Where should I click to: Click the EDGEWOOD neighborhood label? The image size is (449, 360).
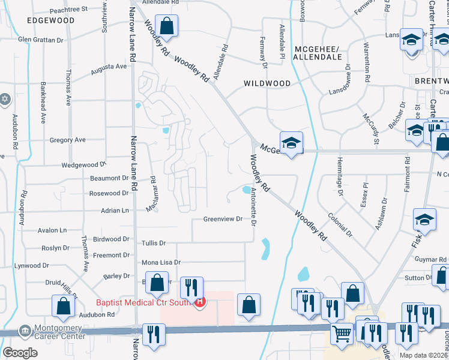coord(50,20)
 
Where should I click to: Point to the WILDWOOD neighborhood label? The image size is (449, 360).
coord(267,84)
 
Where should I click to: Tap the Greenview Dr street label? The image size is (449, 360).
coord(222,219)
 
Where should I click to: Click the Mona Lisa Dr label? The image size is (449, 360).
coord(160,263)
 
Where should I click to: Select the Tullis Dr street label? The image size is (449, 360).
coord(153,243)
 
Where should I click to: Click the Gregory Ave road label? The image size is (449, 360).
coord(68,140)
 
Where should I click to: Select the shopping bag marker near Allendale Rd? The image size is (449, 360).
coord(167,26)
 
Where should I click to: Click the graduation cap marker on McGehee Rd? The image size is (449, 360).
coord(292,143)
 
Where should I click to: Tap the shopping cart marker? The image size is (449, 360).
coord(342,333)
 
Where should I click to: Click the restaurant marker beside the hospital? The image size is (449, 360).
coord(191,287)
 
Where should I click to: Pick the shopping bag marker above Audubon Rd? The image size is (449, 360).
coord(63,305)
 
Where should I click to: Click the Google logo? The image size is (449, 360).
coord(20,353)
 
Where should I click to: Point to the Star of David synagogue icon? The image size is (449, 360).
coord(5,98)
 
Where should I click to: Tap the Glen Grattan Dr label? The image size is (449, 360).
coord(41,40)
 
